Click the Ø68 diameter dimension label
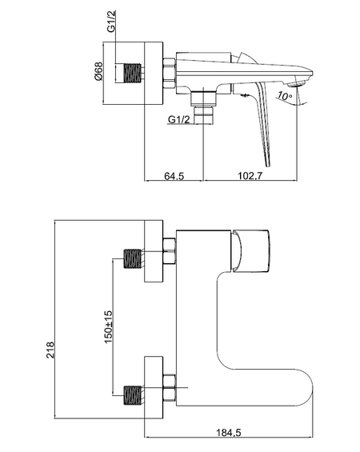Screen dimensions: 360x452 coord(98,71)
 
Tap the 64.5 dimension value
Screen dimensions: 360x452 coord(174,175)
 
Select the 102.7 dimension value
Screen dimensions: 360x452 coord(250,175)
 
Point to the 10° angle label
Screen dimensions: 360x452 coord(285,95)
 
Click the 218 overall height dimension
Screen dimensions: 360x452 coord(50,350)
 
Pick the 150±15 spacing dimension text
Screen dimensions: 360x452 coord(108,326)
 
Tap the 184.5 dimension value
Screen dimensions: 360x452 coord(229,432)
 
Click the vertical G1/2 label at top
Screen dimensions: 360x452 coord(111,21)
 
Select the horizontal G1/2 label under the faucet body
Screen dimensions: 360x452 coord(179,119)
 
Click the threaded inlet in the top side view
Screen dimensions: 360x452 coord(133,74)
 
